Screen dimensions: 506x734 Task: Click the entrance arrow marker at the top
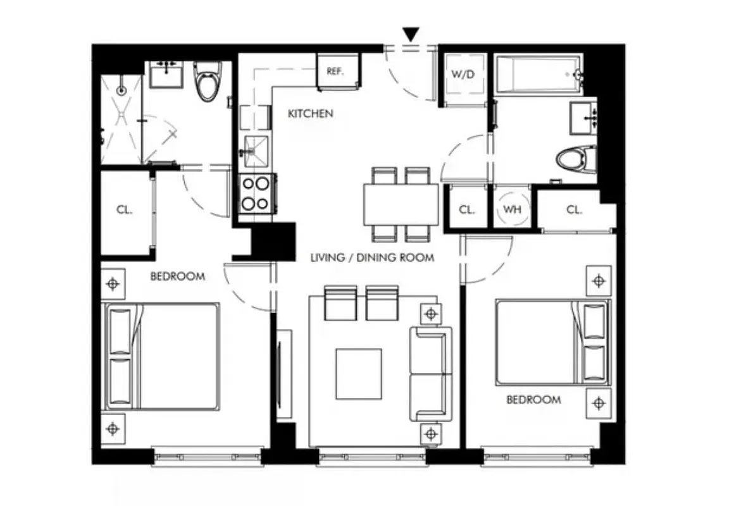point(411,35)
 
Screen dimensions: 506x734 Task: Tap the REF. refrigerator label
point(335,71)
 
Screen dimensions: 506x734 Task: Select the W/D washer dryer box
point(463,74)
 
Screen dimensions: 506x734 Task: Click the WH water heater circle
point(512,209)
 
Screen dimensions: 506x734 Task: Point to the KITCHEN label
point(310,114)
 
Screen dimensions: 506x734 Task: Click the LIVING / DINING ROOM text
point(372,257)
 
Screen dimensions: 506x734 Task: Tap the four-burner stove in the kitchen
point(256,194)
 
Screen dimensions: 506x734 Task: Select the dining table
point(401,204)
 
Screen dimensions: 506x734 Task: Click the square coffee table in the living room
point(359,374)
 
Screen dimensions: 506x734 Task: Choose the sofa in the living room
point(431,374)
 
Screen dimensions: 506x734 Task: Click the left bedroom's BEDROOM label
point(177,276)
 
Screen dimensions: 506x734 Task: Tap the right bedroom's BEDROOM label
point(533,400)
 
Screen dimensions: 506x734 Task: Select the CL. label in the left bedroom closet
point(124,211)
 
